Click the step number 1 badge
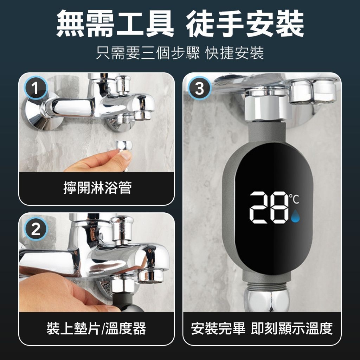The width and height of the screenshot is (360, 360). click(36, 88)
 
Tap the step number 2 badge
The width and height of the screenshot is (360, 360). click(36, 229)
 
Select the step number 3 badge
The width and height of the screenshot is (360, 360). click(200, 88)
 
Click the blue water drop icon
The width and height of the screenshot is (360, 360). click(295, 216)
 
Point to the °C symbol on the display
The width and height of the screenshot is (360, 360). click(294, 199)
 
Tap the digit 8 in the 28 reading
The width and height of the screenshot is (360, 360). click(279, 207)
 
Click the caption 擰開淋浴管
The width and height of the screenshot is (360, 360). click(97, 188)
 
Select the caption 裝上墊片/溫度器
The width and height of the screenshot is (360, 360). click(96, 328)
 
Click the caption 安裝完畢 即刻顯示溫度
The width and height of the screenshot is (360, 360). click(262, 328)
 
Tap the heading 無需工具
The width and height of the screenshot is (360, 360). click(115, 24)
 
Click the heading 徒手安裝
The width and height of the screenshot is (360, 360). click(245, 24)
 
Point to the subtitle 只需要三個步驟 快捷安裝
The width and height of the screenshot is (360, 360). click(180, 53)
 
